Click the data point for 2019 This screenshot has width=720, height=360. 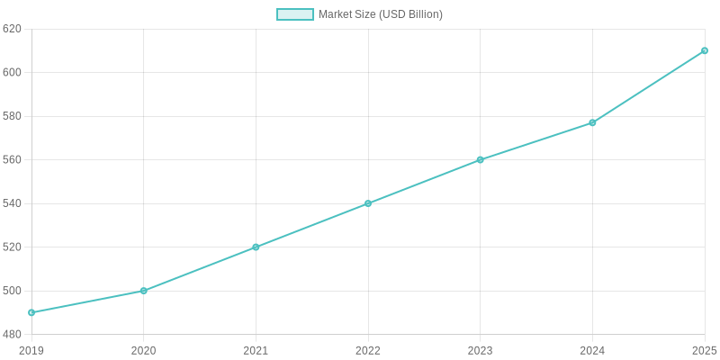coord(31,312)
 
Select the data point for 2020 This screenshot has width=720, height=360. coord(144,291)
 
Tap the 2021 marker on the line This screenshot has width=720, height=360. coord(256,247)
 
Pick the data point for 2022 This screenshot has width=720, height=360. coord(368,203)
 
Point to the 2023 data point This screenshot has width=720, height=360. coord(480,159)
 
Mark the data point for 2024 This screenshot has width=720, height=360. coord(592,122)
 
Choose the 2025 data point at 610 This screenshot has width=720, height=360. coord(705,50)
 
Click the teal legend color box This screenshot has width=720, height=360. coord(295,14)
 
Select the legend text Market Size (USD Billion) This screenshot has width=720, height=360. coord(381,14)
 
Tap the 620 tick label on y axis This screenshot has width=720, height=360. coord(12,29)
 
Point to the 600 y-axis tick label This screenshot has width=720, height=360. coord(12,72)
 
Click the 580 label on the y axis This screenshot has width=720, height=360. coord(12,116)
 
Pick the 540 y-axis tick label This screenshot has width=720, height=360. coord(12,203)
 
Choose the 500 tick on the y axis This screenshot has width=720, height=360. coord(12,291)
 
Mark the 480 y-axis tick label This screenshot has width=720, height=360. coord(12,334)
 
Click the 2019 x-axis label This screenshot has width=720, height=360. coord(31,350)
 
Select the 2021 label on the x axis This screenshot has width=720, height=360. coord(256,350)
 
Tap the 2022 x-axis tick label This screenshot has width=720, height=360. coord(368,350)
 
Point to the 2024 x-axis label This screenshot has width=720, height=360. coord(592,350)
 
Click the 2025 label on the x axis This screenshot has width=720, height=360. coord(704,350)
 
